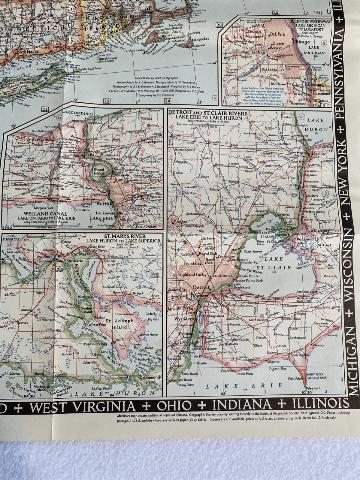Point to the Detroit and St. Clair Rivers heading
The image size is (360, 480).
click(x=208, y=113)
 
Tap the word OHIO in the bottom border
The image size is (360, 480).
click(x=175, y=406)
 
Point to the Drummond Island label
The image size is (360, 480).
click(x=149, y=379)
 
